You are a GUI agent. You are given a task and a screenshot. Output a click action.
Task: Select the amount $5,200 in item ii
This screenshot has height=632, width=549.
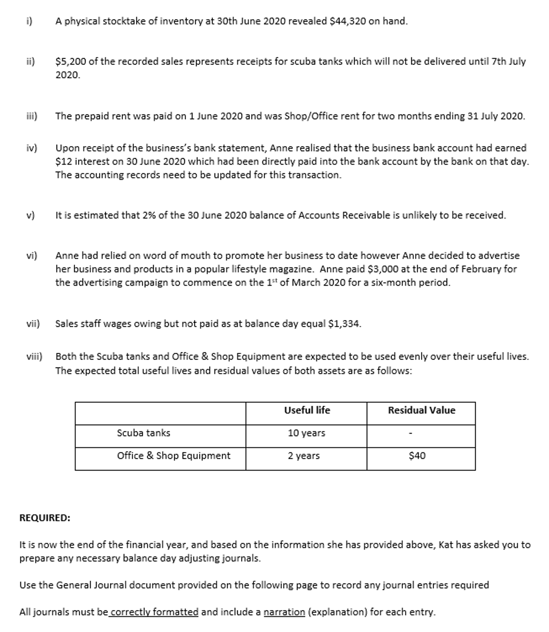pos(70,61)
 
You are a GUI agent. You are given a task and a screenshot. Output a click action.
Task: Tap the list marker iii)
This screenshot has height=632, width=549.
pos(32,116)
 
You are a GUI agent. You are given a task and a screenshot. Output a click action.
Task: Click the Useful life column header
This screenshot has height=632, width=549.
pos(307,410)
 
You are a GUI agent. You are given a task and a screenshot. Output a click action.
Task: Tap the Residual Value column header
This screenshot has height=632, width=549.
pos(421,410)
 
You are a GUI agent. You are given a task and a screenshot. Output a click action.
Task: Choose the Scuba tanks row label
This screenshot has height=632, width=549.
pos(143,433)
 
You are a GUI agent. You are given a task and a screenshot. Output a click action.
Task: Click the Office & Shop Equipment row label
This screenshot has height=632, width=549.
pos(173,456)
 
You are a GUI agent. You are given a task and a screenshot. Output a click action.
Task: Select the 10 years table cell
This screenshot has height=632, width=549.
pos(307,433)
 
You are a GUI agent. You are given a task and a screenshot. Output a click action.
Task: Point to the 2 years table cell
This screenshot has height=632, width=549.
pos(304,456)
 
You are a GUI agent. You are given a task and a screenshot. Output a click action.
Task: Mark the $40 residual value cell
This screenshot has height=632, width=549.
pos(417,456)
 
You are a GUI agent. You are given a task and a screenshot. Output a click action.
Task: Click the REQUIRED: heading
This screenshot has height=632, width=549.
pos(45,518)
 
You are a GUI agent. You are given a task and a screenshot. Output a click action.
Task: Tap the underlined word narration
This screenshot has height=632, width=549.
pos(284,612)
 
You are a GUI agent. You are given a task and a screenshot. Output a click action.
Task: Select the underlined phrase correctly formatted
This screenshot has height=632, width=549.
pos(154,612)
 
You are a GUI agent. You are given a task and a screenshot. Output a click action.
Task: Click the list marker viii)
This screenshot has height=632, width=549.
pos(34,357)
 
